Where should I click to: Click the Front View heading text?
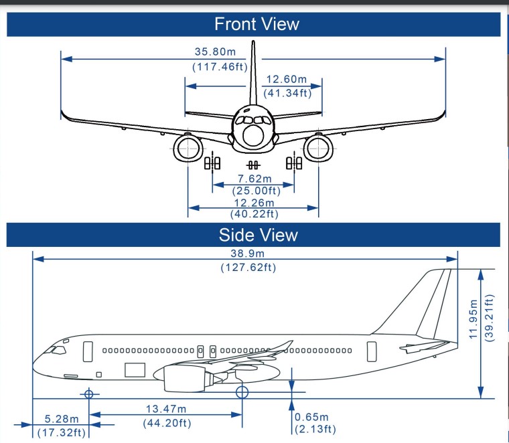pos(257,24)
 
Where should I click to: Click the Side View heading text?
pos(258,235)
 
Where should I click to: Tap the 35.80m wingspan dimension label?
pos(215,52)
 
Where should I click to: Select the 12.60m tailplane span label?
pos(287,79)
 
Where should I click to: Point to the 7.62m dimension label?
pos(254,179)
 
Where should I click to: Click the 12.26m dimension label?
pos(254,203)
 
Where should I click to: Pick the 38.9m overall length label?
pos(247,253)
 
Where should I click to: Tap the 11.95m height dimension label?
pos(474,319)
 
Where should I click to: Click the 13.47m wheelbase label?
pos(166,409)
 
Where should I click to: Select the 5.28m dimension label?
pos(62,419)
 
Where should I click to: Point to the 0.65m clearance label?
pos(311,417)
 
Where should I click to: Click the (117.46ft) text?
pos(220,67)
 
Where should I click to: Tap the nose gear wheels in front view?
pos(253,165)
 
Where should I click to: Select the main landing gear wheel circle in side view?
pos(242,392)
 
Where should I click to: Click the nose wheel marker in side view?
pos(88,393)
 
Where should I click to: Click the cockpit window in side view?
pos(59,350)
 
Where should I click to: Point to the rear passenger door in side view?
pos(372,351)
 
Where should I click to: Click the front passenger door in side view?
pos(88,351)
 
